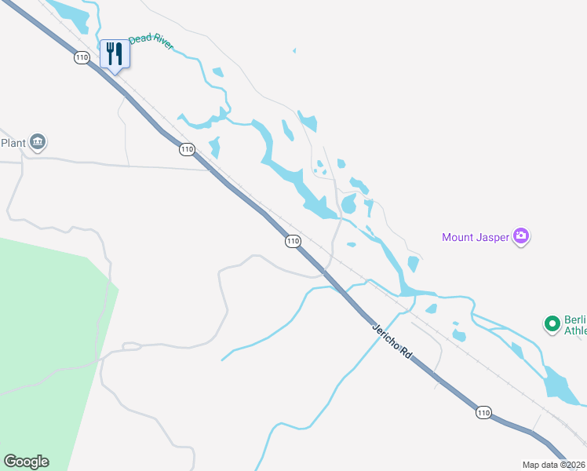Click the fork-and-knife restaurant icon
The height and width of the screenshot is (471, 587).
click(x=115, y=53)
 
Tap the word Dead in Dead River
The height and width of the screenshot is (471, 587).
click(x=139, y=39)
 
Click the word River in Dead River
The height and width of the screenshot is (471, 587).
click(x=162, y=45)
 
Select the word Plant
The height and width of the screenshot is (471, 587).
click(x=13, y=142)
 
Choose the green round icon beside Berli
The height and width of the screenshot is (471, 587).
click(x=552, y=323)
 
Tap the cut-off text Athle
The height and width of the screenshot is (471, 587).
click(x=575, y=331)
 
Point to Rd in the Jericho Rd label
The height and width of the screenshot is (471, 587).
click(x=405, y=354)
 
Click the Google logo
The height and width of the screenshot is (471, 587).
click(x=26, y=462)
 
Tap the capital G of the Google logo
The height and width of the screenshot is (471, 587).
click(x=10, y=462)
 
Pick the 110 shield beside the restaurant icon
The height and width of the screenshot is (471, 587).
click(x=82, y=57)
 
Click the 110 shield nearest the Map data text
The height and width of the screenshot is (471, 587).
click(x=483, y=413)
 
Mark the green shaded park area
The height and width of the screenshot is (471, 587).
click(x=47, y=330)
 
